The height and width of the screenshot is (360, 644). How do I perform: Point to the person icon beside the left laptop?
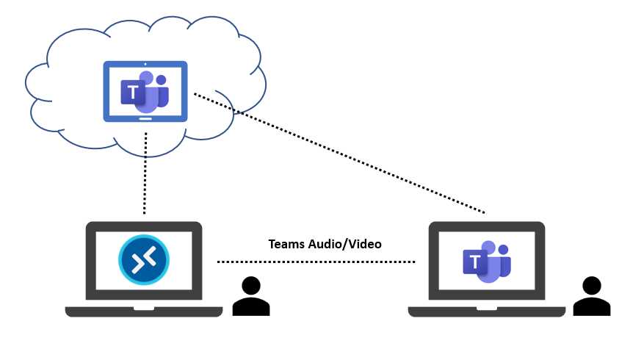[x=250, y=297]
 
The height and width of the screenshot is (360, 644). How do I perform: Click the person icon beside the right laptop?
[x=591, y=297]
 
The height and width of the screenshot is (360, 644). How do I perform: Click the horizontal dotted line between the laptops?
[x=316, y=262]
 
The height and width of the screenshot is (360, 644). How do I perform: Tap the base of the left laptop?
[x=144, y=312]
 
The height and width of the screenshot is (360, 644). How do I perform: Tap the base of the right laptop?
[x=486, y=312]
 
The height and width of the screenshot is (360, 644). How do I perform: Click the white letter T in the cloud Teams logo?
[x=133, y=93]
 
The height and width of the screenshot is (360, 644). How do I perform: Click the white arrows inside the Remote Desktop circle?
[x=144, y=257]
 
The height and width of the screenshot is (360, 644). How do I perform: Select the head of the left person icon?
[x=250, y=285]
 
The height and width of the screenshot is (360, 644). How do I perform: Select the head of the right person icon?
[x=591, y=285]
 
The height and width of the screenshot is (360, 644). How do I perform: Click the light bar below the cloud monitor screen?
[x=145, y=118]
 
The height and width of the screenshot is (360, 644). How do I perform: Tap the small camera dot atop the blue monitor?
[x=145, y=64]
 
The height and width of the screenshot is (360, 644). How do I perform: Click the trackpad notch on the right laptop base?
[x=486, y=309]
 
